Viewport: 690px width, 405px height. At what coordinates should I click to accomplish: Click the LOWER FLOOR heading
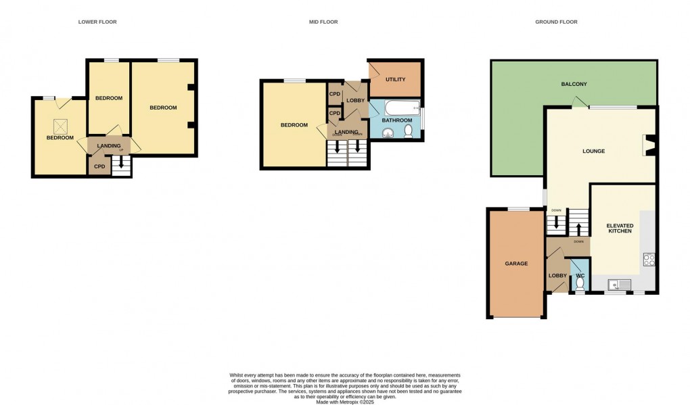(98, 22)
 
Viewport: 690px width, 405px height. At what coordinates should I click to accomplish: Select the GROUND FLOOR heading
(556, 22)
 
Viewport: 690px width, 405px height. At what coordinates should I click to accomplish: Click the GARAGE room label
(516, 264)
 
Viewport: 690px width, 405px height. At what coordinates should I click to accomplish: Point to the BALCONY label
(574, 85)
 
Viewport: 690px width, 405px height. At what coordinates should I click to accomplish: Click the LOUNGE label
(593, 151)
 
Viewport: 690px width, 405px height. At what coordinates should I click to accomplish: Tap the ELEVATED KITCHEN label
(620, 228)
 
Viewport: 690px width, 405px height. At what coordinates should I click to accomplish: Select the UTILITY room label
(395, 80)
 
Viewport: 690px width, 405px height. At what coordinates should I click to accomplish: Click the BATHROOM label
(396, 120)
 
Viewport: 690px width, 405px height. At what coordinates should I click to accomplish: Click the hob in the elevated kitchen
(648, 259)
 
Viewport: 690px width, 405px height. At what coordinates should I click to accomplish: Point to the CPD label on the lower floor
(99, 166)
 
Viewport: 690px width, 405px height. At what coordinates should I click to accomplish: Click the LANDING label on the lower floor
(108, 145)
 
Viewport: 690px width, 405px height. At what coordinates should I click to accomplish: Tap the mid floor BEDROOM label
(294, 125)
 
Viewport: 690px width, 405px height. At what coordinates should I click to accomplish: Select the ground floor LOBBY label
(557, 276)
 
